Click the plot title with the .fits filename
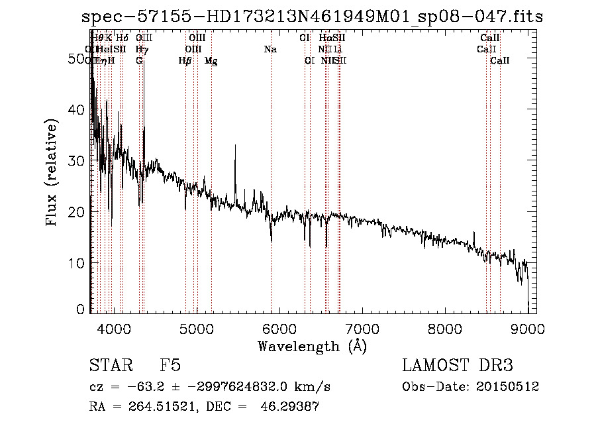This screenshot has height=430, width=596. pyautogui.click(x=312, y=17)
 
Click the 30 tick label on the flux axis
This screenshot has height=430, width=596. pyautogui.click(x=78, y=161)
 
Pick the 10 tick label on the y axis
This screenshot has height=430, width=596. pyautogui.click(x=78, y=263)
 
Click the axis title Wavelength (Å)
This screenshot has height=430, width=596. pyautogui.click(x=312, y=346)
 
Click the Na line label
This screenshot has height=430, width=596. pyautogui.click(x=270, y=49)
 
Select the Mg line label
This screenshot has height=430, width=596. pyautogui.click(x=211, y=60)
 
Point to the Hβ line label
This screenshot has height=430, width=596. pyautogui.click(x=185, y=60)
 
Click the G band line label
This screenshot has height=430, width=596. pyautogui.click(x=139, y=60)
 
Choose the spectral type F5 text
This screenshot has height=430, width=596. pyautogui.click(x=170, y=366)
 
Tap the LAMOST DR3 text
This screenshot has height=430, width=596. pyautogui.click(x=458, y=366)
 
